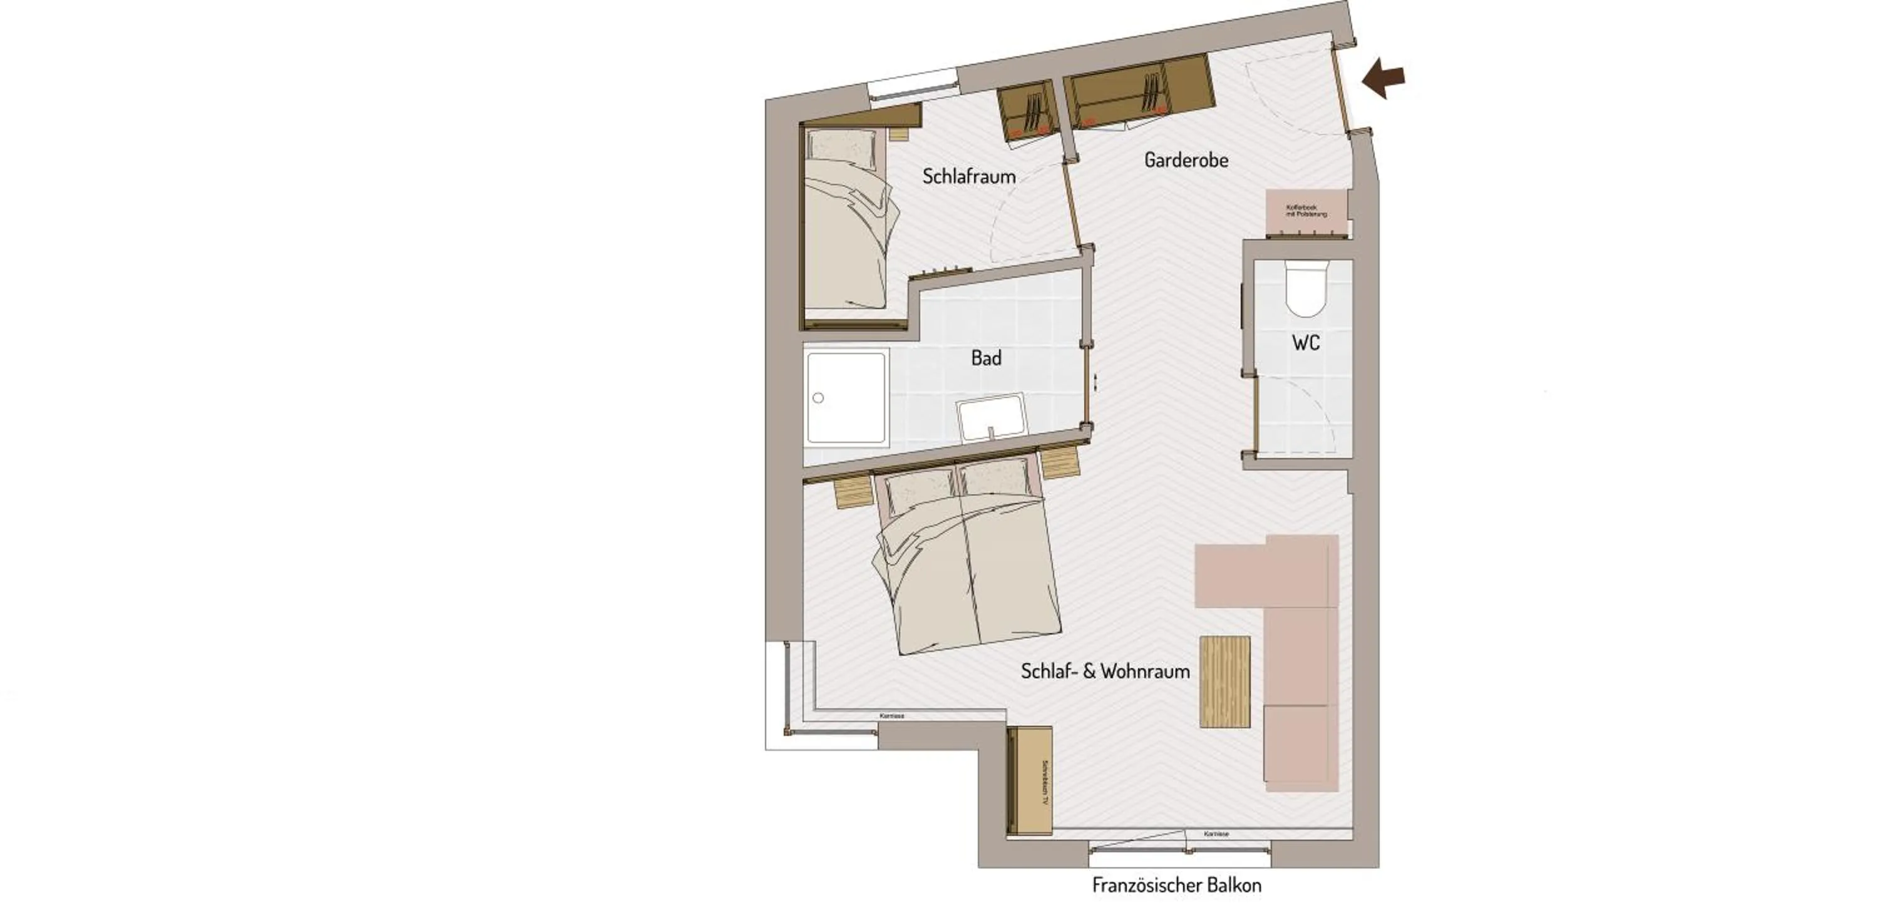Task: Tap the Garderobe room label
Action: pos(1186,160)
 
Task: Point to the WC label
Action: pos(1305,343)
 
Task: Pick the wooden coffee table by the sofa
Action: pos(1225,681)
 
